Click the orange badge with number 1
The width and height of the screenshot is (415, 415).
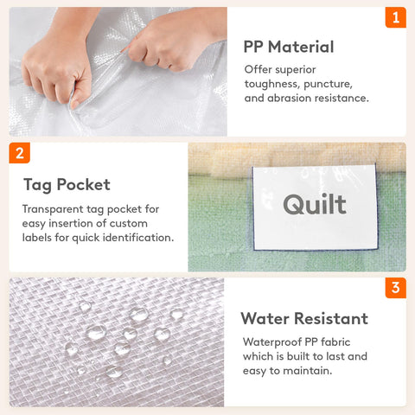[x=396, y=17]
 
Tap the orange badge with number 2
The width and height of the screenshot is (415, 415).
[x=20, y=153]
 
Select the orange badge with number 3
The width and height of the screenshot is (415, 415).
[x=396, y=288]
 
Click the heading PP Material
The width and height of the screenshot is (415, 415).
[x=289, y=47]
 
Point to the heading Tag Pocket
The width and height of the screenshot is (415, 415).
[x=67, y=185]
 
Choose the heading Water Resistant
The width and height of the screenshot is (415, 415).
[x=304, y=318]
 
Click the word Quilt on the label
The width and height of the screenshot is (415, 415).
[x=315, y=204]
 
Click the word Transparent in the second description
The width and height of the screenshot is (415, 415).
[x=53, y=209]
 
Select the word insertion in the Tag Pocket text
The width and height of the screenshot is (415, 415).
[x=73, y=223]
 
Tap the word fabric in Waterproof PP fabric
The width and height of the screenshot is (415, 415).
[x=335, y=342]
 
